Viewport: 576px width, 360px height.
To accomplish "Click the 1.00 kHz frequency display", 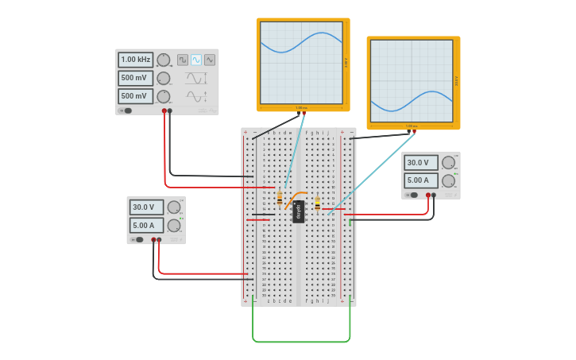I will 135,60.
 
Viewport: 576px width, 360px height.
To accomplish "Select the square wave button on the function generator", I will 183,60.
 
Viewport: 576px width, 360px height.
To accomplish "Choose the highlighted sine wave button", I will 196,60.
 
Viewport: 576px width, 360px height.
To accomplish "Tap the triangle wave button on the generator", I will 210,60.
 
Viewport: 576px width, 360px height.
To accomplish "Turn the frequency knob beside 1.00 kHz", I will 163,60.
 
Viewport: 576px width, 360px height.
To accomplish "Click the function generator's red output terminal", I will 164,110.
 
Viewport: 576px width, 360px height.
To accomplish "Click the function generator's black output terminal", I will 170,110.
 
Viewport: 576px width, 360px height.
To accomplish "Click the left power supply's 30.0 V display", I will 145,207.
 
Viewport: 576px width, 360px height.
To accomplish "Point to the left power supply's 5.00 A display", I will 145,225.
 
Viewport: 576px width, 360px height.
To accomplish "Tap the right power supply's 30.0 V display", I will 419,163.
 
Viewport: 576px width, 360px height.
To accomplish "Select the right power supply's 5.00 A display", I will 419,180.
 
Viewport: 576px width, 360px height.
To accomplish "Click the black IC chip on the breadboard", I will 299,211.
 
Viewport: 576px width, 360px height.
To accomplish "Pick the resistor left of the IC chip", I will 280,198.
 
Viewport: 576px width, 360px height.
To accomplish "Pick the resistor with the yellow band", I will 318,204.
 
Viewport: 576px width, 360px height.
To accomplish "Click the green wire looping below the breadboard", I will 302,342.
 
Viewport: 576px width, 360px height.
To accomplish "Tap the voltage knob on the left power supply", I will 174,207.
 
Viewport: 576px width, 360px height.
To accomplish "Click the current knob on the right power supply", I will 448,180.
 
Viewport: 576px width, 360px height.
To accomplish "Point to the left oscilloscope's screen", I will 301,63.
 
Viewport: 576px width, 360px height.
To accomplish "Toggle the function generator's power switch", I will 126,110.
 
